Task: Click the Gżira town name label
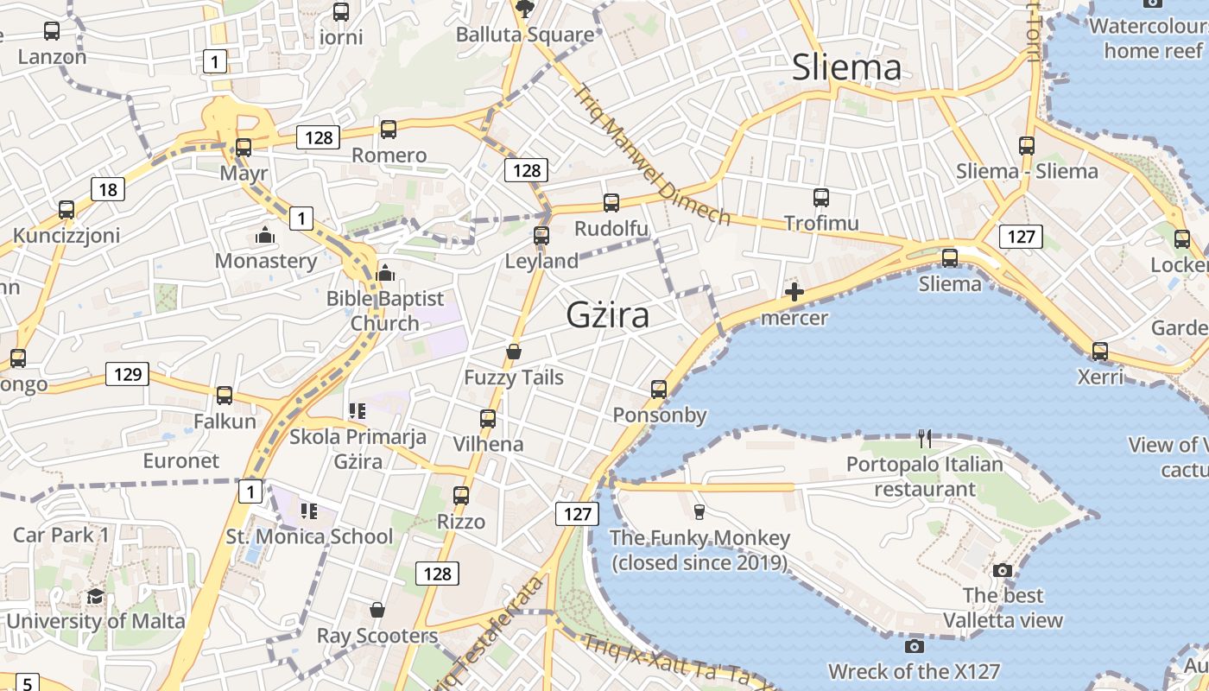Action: click(607, 315)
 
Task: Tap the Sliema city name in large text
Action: click(846, 67)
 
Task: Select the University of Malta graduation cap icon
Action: click(95, 597)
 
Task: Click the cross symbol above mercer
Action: click(794, 292)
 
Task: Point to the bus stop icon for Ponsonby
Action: click(659, 390)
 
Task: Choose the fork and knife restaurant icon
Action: click(925, 439)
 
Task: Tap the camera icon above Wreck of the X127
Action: click(914, 646)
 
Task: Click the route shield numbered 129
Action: click(127, 374)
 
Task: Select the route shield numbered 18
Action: click(108, 189)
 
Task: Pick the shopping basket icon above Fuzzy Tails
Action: click(514, 352)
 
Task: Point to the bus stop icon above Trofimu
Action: click(820, 198)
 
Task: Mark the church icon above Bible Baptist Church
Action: click(385, 274)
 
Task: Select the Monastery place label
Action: click(266, 261)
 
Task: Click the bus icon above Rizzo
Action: click(461, 496)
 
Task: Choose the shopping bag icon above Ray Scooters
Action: click(377, 610)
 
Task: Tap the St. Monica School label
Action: click(309, 536)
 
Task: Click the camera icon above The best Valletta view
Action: click(1003, 570)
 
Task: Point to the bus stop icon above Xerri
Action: click(1099, 352)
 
